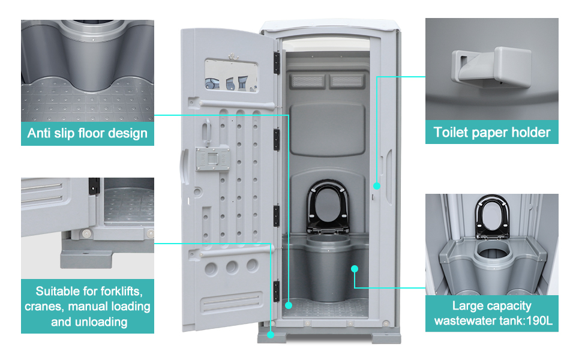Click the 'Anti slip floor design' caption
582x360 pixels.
(x=88, y=133)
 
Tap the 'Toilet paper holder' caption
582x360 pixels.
(x=491, y=131)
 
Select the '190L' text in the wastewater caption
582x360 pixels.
(x=538, y=320)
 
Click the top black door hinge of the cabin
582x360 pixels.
(x=277, y=62)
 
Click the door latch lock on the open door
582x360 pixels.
(x=211, y=159)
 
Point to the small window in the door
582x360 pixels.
(x=231, y=76)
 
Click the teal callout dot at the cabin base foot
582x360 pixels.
(x=271, y=333)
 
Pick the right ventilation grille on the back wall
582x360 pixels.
(x=347, y=80)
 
